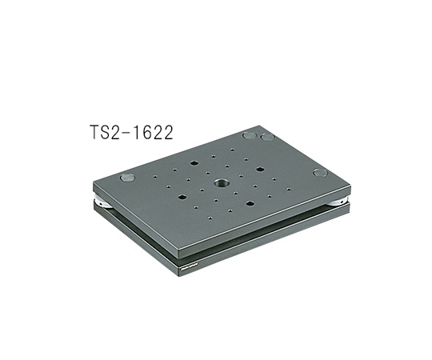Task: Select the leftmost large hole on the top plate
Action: coord(182,196)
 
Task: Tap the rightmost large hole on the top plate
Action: coord(260,170)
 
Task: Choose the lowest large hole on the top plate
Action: coord(250,203)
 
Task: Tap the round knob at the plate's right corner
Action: coord(320,172)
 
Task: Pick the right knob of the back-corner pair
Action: coord(267,137)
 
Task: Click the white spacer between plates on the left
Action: coord(100,202)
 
